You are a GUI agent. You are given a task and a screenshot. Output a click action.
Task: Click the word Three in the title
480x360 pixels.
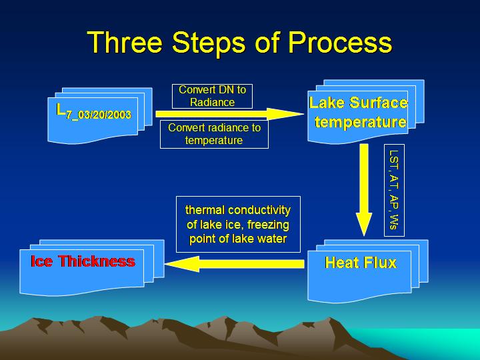coord(125,42)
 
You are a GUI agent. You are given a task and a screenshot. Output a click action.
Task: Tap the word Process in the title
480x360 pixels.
coord(340,42)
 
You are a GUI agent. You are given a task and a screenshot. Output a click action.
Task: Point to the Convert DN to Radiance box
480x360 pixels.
coord(212,96)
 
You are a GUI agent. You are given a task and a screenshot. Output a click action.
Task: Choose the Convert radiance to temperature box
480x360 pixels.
coord(214,134)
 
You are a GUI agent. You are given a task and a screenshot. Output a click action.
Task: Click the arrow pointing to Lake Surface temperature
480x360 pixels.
coord(229,114)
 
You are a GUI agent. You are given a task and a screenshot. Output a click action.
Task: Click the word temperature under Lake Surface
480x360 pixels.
coord(361,122)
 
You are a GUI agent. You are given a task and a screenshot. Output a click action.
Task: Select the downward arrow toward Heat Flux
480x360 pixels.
coord(364,190)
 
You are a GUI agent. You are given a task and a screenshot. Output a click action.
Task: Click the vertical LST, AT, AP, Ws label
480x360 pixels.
coord(394,190)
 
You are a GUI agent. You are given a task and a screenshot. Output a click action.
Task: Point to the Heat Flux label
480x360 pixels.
coord(361,263)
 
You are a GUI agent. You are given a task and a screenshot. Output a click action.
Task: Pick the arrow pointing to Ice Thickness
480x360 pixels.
coord(235,264)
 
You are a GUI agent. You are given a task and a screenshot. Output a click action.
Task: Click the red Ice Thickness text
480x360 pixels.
coord(83,261)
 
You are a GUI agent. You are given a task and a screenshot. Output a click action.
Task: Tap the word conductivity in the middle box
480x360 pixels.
coord(259,210)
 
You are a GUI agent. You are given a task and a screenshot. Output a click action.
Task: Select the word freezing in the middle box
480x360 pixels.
coord(268,225)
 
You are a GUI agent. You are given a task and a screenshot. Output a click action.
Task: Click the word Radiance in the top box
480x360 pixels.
coord(212,102)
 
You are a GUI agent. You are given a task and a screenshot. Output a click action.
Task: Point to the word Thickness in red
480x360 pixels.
coord(97,261)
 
